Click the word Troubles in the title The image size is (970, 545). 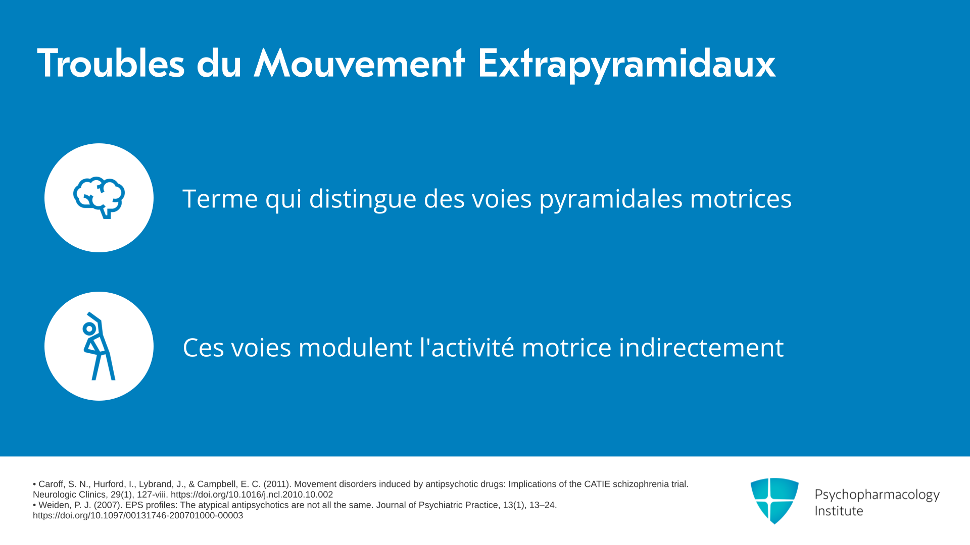click(111, 64)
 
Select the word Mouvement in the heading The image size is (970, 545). click(359, 64)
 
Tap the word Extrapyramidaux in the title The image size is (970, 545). click(626, 66)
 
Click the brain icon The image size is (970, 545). click(99, 197)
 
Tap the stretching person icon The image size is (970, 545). click(99, 346)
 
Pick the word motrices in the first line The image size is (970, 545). click(741, 198)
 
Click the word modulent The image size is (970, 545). click(355, 348)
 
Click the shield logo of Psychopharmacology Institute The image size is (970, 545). click(774, 501)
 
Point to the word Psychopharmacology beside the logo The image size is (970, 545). click(877, 495)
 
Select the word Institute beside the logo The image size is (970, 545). click(839, 511)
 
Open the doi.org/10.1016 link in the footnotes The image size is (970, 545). click(252, 495)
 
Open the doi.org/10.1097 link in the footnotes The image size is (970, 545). click(138, 516)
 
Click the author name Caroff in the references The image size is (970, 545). click(51, 484)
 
